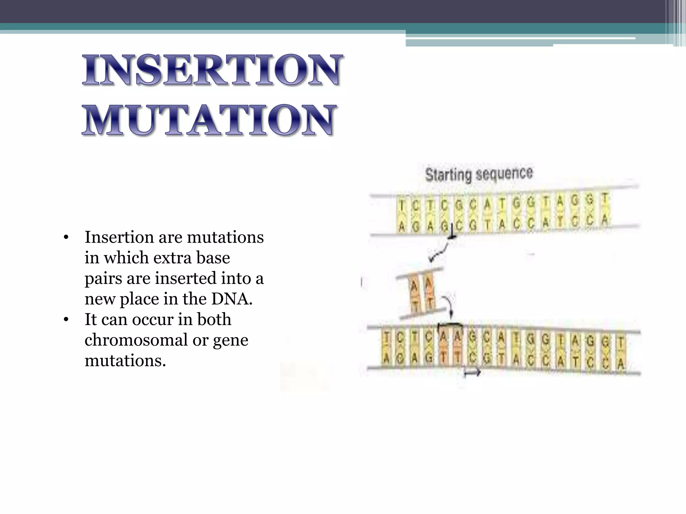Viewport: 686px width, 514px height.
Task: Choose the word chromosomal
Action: click(136, 340)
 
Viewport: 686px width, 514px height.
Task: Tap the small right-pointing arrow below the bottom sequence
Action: click(472, 372)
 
